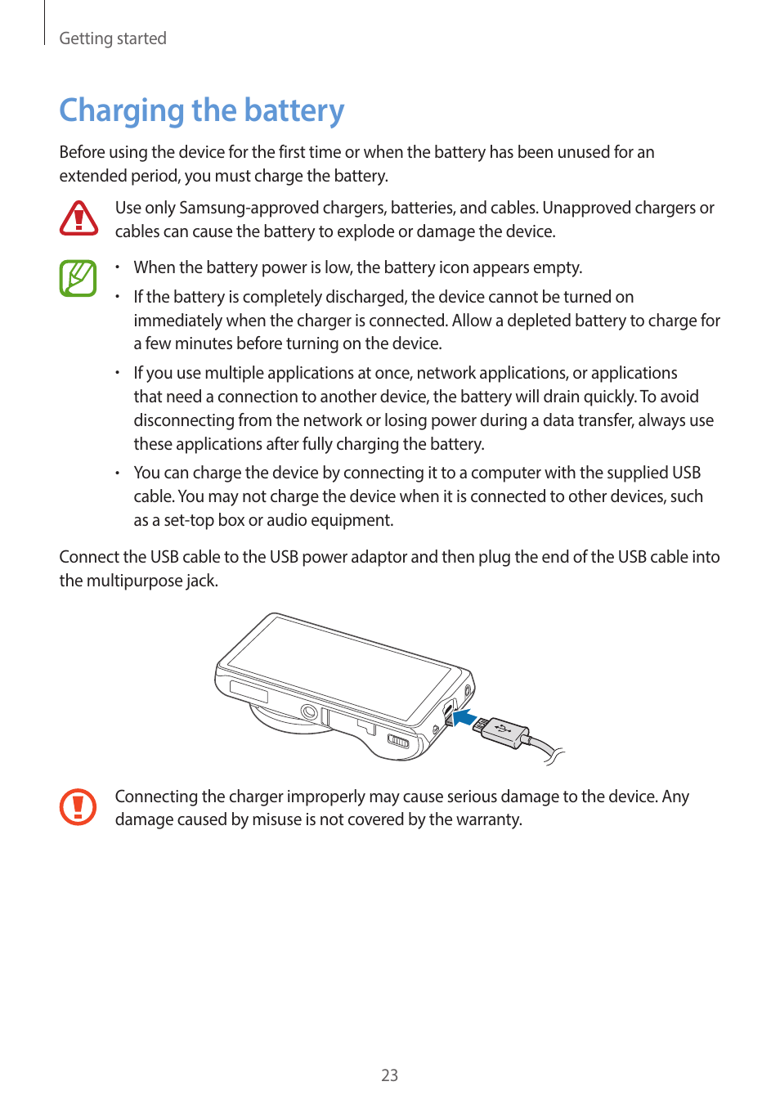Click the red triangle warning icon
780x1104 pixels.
tap(78, 219)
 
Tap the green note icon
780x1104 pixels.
tap(78, 278)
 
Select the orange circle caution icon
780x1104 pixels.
tap(78, 807)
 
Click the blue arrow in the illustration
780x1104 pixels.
tap(464, 718)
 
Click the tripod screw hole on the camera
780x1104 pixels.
tap(309, 711)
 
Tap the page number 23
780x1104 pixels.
tap(389, 1075)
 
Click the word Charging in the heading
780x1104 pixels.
tap(122, 110)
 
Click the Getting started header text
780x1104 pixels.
tap(113, 38)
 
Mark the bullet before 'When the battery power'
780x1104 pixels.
tap(118, 267)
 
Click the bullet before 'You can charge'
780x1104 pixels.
tap(118, 473)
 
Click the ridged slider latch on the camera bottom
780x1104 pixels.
tap(397, 741)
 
